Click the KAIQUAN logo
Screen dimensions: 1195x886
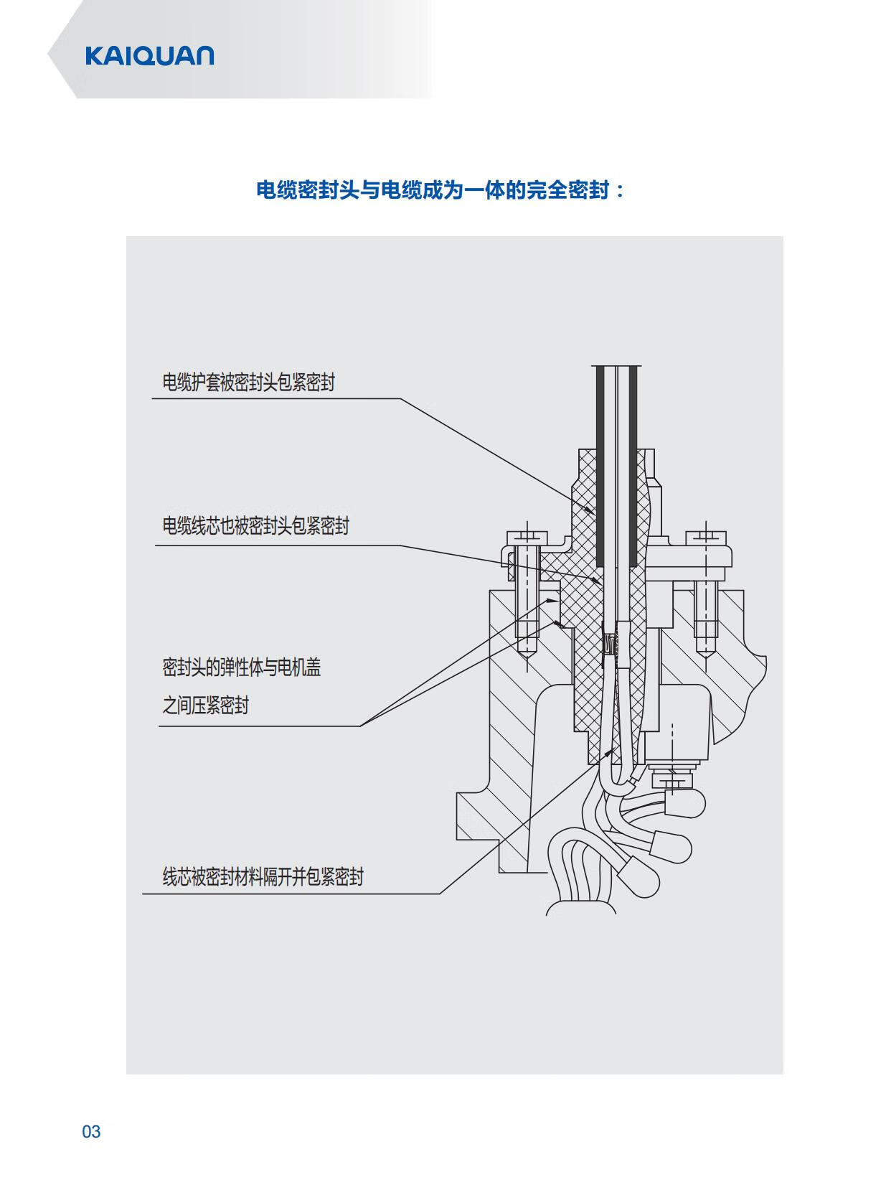(x=149, y=56)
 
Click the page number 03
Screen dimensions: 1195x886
(x=91, y=1132)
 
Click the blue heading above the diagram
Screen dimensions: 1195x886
(x=440, y=190)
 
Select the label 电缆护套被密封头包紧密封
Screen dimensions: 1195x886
(x=248, y=383)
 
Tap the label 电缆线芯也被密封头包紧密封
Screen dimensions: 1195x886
(x=255, y=526)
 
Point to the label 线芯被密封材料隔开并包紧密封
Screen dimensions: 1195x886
(x=263, y=876)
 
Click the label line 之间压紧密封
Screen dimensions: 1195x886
(x=205, y=706)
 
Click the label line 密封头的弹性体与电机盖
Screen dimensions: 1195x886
(x=241, y=667)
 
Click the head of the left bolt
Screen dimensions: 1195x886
(x=527, y=537)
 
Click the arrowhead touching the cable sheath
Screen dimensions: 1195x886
(x=588, y=510)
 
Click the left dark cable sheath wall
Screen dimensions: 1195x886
(x=600, y=467)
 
